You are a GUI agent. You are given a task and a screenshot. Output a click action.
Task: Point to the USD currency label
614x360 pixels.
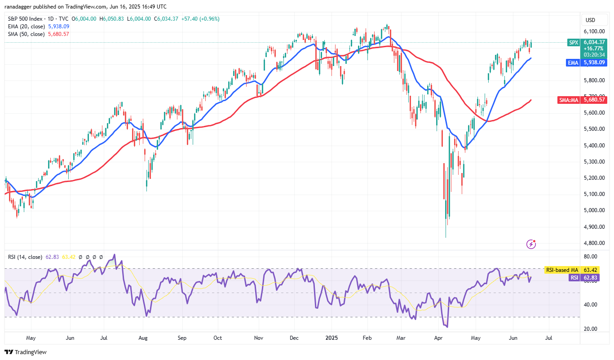coord(590,20)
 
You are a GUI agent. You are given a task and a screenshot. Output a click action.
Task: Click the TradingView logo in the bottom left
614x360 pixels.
coord(26,352)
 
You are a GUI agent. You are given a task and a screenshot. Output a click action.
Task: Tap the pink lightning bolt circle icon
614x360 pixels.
coord(531,244)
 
